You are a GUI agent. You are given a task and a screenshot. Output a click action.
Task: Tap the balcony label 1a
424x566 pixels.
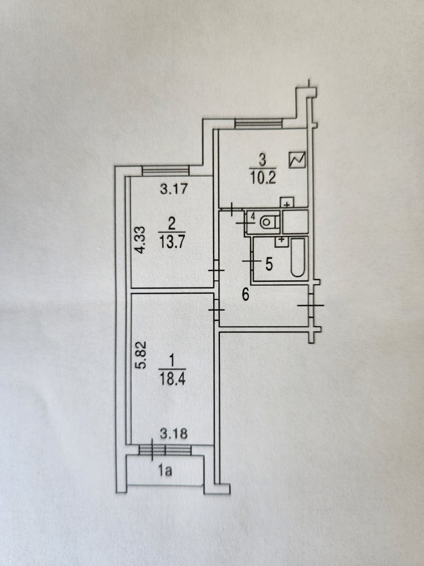pyautogui.click(x=165, y=469)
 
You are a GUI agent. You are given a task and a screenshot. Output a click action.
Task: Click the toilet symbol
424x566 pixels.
pyautogui.click(x=269, y=222)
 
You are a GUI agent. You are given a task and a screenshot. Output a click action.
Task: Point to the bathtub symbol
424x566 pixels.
pyautogui.click(x=298, y=259)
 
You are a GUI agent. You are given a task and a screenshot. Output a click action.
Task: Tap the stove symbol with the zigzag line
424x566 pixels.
pyautogui.click(x=296, y=160)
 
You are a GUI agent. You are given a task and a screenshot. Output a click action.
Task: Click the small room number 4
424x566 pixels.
pyautogui.click(x=253, y=216)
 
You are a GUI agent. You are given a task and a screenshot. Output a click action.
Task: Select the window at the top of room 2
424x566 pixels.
pyautogui.click(x=165, y=170)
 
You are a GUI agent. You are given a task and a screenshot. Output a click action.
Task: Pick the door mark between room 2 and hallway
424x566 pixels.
pyautogui.click(x=215, y=271)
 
